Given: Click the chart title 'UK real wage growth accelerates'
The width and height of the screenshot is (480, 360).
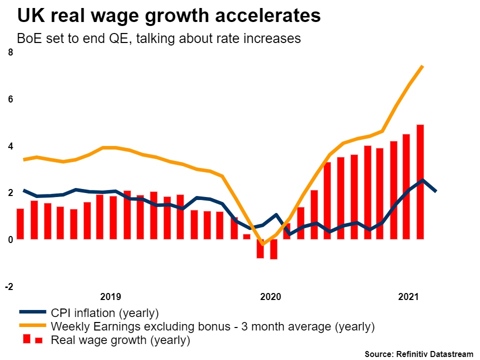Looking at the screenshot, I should click(x=168, y=15).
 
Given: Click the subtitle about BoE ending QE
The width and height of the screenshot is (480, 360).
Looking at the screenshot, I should click(x=158, y=38).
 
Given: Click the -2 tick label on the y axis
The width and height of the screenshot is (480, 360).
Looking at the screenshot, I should click(x=9, y=286).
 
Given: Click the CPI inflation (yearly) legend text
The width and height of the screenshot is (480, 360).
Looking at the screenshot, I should click(x=104, y=313).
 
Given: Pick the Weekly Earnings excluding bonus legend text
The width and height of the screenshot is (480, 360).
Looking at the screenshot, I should click(x=212, y=327).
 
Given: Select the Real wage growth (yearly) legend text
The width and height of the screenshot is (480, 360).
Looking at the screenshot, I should click(x=120, y=341).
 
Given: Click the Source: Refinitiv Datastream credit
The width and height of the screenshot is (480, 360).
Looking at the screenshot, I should click(x=418, y=354).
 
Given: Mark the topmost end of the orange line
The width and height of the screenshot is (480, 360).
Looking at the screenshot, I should click(x=423, y=66).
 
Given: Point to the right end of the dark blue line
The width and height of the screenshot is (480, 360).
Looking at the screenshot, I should click(x=436, y=190).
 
